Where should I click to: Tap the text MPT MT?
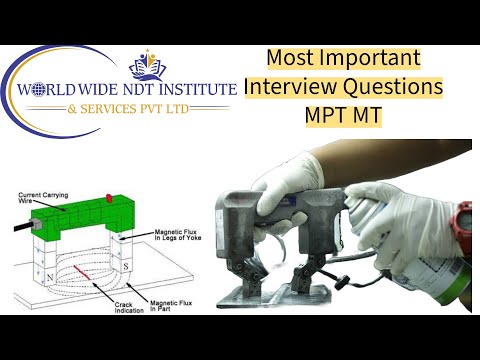click(344, 114)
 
